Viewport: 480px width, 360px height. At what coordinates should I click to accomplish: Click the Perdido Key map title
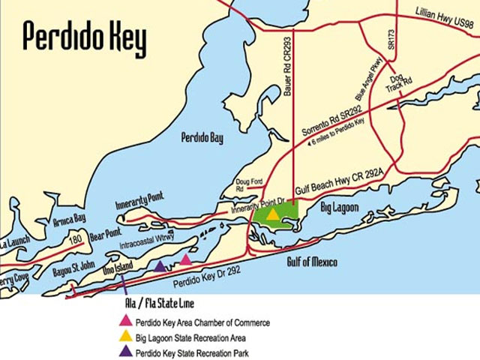click(x=84, y=37)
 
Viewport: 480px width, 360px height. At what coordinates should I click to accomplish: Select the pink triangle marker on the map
click(x=186, y=259)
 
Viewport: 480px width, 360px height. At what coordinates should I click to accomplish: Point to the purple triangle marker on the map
click(x=160, y=265)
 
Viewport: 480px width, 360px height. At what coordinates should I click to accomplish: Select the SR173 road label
click(x=391, y=40)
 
